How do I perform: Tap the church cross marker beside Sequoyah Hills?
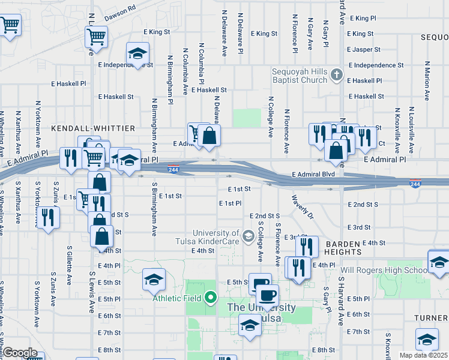tap(337, 75)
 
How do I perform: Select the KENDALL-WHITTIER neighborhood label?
tap(92, 128)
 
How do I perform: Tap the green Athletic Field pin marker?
tap(210, 297)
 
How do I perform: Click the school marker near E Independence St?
tap(137, 54)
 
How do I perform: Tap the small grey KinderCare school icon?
tap(248, 236)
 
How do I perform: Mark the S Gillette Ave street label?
tap(70, 265)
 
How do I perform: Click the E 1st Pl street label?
tap(230, 203)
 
